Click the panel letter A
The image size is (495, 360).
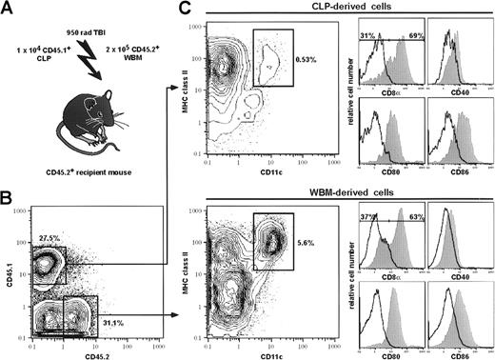pyautogui.click(x=9, y=9)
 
